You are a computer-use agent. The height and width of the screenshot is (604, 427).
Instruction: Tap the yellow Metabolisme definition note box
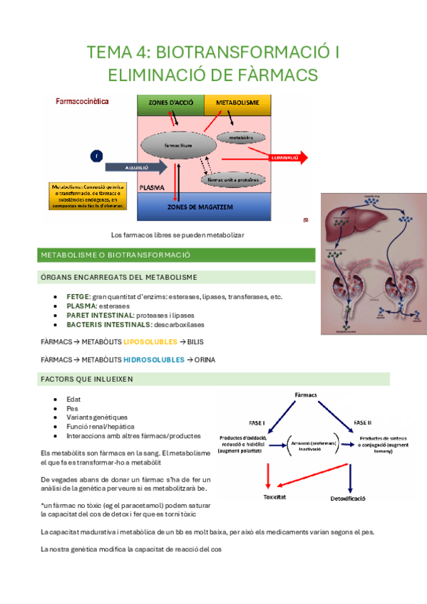[x=88, y=196]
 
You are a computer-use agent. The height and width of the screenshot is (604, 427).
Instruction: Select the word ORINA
[x=205, y=360]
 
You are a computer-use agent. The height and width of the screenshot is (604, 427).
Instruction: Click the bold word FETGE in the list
[x=78, y=296]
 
